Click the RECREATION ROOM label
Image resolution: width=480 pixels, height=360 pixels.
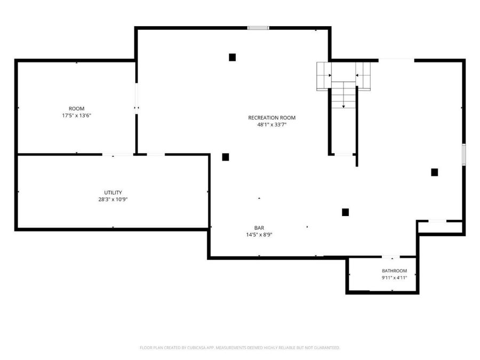coord(272,117)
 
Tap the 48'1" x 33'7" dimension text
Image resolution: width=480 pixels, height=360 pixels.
coord(272,125)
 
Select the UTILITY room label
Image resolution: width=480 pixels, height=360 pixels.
coord(113,193)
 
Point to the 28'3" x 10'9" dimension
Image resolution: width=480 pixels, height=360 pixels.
coord(113,199)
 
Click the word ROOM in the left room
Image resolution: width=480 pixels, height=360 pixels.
coord(76,109)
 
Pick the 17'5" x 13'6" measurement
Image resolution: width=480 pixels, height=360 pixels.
coord(76,115)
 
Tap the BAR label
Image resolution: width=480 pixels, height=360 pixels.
coord(259,228)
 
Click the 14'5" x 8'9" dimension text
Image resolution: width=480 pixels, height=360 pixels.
coord(259,235)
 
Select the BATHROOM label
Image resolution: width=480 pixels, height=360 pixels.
coord(394,271)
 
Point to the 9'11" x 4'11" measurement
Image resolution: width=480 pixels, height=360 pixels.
coord(394,278)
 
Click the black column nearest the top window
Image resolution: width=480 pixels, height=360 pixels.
coord(233,57)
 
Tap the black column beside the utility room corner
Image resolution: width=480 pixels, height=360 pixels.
coord(226,157)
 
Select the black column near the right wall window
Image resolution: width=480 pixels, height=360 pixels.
coord(434,172)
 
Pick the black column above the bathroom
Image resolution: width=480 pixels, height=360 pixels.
coord(345,212)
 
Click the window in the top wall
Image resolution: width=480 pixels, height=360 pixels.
coord(258,28)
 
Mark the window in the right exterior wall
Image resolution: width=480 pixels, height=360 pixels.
coord(464,155)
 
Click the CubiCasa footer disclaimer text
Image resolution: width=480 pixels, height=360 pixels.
coord(239,348)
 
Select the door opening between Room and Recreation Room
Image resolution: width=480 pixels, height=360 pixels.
coord(136,98)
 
